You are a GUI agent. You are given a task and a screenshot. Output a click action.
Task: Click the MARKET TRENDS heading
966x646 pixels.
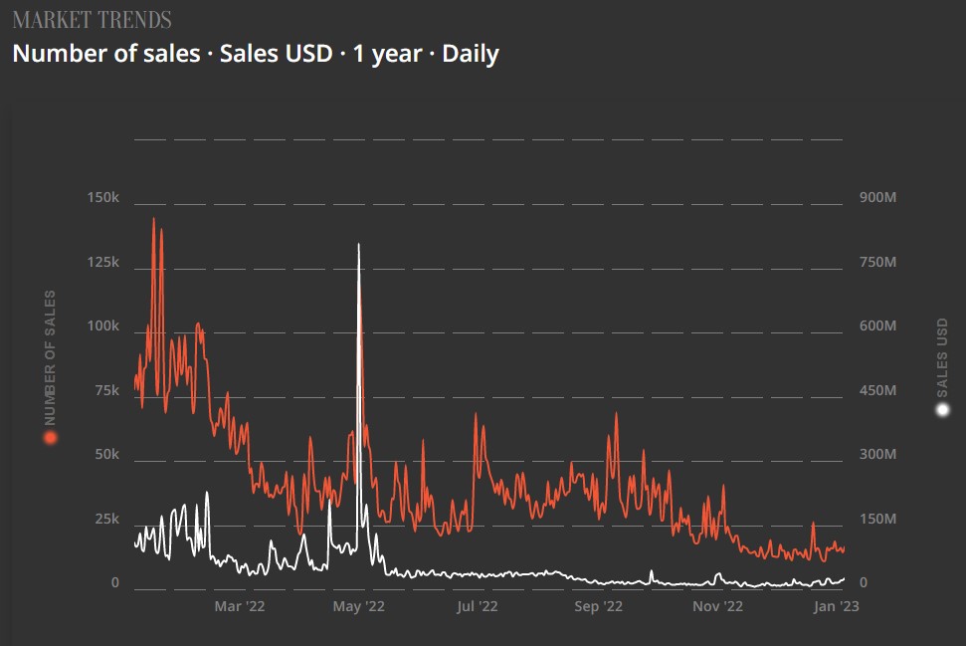click(92, 20)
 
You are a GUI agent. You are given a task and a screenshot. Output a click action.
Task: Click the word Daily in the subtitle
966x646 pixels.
click(470, 54)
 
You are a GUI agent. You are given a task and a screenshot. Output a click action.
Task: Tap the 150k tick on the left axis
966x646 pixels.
click(103, 199)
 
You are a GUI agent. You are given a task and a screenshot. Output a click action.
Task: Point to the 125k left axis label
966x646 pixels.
click(103, 263)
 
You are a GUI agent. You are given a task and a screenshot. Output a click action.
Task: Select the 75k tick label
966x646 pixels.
click(106, 391)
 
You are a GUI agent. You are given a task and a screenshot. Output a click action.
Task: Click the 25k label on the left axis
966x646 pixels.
click(106, 520)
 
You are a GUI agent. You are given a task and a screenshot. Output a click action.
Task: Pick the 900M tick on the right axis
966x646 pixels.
click(878, 199)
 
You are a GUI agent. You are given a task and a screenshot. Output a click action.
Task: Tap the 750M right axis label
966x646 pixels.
click(878, 263)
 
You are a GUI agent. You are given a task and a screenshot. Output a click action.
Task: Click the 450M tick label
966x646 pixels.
click(878, 391)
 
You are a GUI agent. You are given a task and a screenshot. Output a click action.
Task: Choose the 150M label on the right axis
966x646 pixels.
click(878, 520)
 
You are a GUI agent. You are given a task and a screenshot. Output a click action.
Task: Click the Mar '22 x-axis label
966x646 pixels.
click(240, 605)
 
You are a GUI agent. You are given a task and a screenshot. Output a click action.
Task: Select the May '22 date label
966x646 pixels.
click(359, 605)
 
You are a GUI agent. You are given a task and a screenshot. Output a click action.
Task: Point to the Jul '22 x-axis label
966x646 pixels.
click(479, 605)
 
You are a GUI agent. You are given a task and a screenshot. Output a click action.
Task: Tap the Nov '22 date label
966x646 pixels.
click(717, 605)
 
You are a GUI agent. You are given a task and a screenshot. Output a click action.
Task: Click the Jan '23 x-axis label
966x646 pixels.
click(836, 605)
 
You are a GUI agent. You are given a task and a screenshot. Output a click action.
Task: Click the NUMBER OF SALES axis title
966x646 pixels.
click(50, 358)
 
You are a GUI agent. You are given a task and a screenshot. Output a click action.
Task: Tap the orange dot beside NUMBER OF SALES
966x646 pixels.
click(50, 437)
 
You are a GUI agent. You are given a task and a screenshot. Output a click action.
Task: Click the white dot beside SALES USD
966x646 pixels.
click(943, 410)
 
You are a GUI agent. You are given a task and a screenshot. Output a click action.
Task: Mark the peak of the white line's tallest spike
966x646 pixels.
click(358, 244)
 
